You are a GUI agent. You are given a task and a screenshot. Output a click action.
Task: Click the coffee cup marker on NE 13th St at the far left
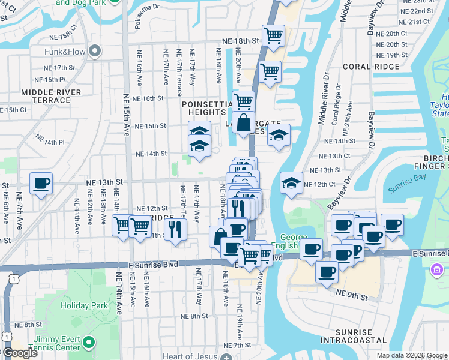point(41,183)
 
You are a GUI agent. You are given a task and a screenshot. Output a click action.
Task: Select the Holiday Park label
point(85,305)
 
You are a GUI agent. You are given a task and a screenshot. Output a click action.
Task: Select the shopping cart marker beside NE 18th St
point(273,35)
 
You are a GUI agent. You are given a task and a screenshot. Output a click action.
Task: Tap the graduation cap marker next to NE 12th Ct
point(291,183)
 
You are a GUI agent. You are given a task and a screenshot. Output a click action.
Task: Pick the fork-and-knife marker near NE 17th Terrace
point(175,229)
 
